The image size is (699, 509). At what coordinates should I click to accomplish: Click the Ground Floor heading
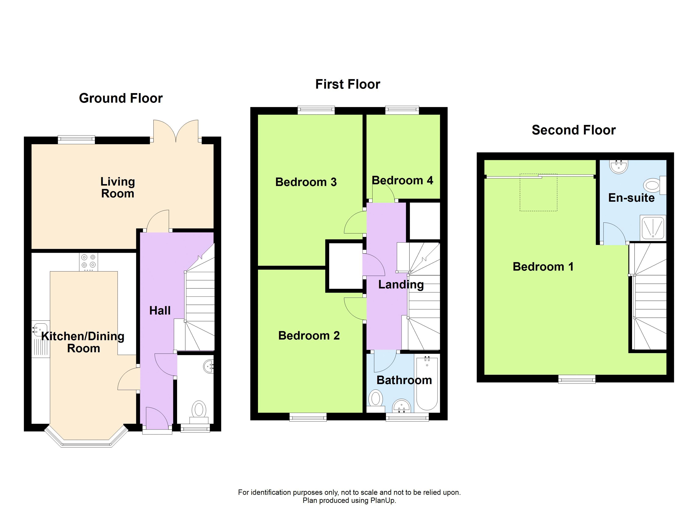point(121,98)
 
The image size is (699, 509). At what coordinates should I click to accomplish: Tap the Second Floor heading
point(574,130)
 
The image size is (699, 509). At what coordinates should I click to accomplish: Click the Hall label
point(160,310)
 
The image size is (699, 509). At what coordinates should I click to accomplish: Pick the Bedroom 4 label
point(402,180)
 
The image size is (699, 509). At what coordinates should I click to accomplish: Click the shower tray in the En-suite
point(653,228)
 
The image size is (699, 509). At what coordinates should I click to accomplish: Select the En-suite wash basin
point(619,167)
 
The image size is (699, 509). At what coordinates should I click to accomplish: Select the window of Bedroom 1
point(577,379)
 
